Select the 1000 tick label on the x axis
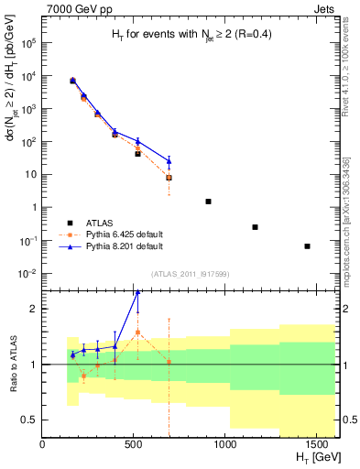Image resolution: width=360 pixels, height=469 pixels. coord(225,444)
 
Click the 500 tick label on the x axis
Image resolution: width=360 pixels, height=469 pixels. coord(134,444)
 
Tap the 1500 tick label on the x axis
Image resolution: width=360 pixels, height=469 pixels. coord(317,444)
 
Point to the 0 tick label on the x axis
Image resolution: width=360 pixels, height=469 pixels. coord(43,444)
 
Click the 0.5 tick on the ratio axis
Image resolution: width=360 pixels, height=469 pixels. coord(29,420)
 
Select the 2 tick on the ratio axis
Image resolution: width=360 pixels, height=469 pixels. coord(33,309)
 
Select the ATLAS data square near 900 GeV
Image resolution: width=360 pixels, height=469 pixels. coord(208,202)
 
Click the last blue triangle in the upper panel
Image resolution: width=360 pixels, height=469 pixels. coord(169,161)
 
